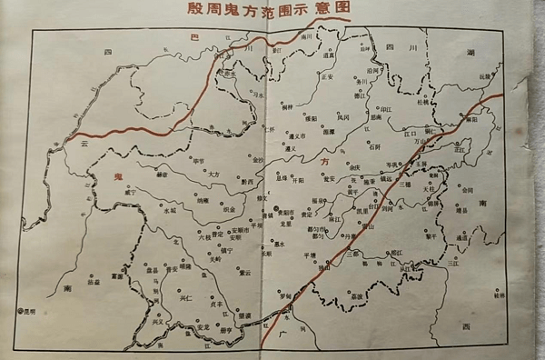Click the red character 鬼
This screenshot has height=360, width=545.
point(116,175)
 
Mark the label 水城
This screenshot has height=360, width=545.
point(170,209)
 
